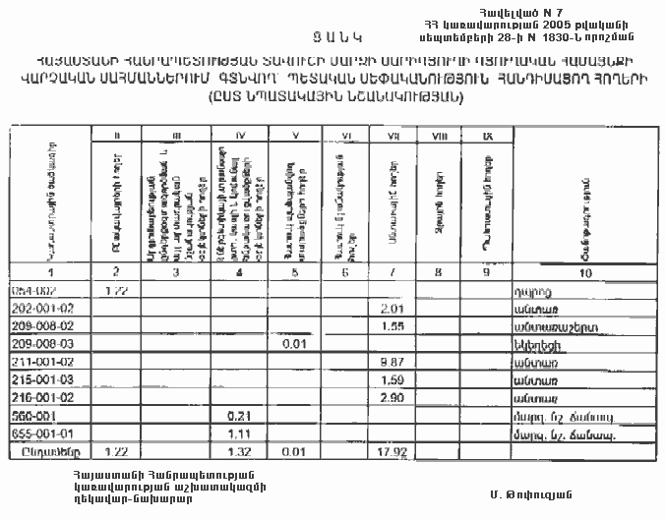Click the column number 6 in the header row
click(346, 271)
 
